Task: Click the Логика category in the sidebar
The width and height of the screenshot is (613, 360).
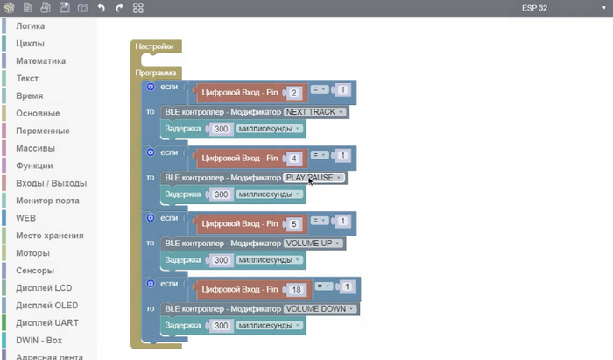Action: coord(31,26)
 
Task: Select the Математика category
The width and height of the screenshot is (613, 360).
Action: coord(40,61)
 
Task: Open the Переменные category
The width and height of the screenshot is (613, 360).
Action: coord(42,131)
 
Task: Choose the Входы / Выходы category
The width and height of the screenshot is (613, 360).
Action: coord(51,183)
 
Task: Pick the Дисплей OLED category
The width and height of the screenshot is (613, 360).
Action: coord(46,305)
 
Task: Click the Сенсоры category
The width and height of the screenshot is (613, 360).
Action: coord(35,270)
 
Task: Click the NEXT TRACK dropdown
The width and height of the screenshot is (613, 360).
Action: coord(316,112)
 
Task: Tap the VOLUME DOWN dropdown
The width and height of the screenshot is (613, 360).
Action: coord(321,308)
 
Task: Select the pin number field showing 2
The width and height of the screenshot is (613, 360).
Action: coord(295,92)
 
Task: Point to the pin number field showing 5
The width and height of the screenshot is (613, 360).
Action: coord(295,223)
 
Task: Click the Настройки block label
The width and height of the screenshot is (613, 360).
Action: coord(154,46)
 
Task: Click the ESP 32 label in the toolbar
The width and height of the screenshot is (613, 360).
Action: coord(534,8)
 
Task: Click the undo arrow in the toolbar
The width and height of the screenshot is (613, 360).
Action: coord(101,8)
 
